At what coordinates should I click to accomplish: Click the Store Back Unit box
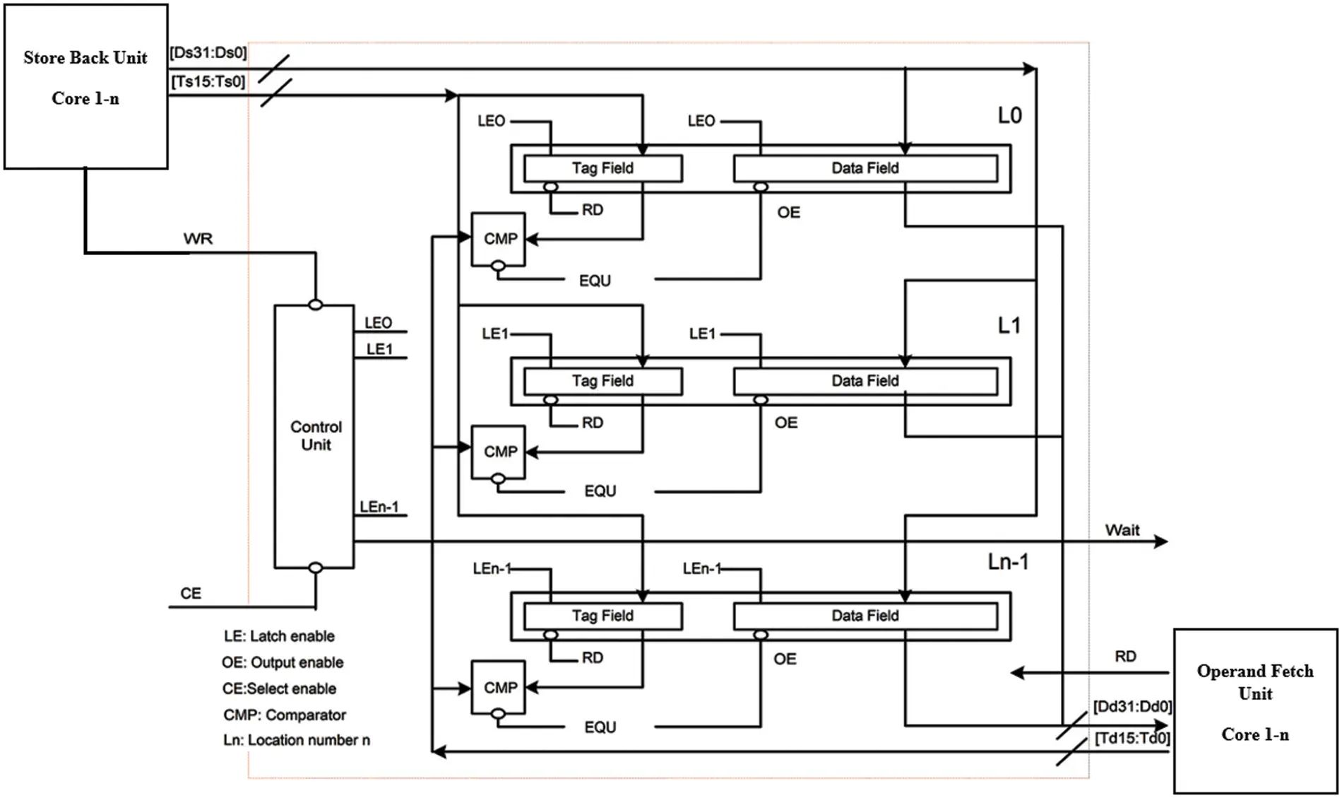click(85, 86)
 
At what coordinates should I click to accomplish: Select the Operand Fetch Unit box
click(1255, 710)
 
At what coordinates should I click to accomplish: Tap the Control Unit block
click(314, 436)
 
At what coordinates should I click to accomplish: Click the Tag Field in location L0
click(602, 168)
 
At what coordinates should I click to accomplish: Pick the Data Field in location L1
click(865, 381)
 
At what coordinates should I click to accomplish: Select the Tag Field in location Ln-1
click(602, 616)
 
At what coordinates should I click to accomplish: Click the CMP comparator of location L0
click(499, 239)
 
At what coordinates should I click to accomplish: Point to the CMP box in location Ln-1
click(499, 687)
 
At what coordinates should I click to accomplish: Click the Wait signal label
click(1122, 530)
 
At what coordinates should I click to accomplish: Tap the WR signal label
click(198, 239)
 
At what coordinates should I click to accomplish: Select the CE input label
click(191, 593)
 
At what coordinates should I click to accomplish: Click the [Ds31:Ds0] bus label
click(208, 53)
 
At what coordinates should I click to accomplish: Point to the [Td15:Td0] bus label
click(1132, 739)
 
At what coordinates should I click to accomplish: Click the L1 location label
click(1009, 325)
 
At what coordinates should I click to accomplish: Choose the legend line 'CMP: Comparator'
click(285, 715)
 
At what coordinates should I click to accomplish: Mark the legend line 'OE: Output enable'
click(283, 662)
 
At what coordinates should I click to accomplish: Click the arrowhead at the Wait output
click(1160, 542)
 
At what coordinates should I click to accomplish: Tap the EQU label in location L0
click(595, 281)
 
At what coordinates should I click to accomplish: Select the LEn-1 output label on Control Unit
click(379, 507)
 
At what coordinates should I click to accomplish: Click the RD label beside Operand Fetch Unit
click(1125, 656)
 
